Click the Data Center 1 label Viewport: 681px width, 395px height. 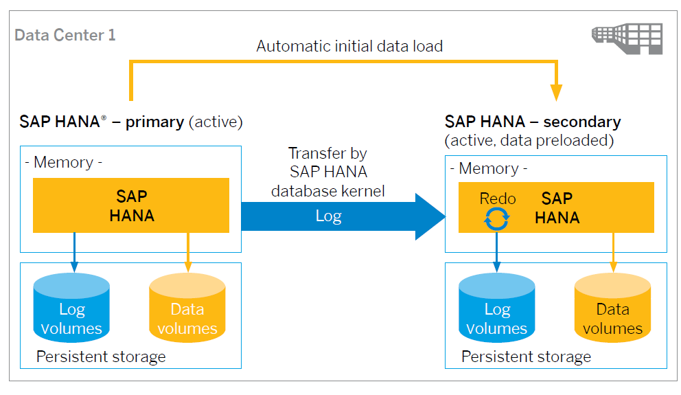65,35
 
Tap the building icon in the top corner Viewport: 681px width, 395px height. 627,37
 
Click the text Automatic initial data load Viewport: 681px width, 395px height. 349,47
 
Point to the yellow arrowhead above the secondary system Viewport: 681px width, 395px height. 556,93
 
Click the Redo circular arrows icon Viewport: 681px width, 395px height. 497,219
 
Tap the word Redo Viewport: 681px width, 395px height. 497,199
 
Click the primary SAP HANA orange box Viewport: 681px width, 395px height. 131,205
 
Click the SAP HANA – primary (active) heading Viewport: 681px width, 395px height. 131,122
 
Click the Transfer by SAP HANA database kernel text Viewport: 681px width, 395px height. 327,172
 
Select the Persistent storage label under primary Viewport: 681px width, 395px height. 101,357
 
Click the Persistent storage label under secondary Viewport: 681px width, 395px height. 526,357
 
